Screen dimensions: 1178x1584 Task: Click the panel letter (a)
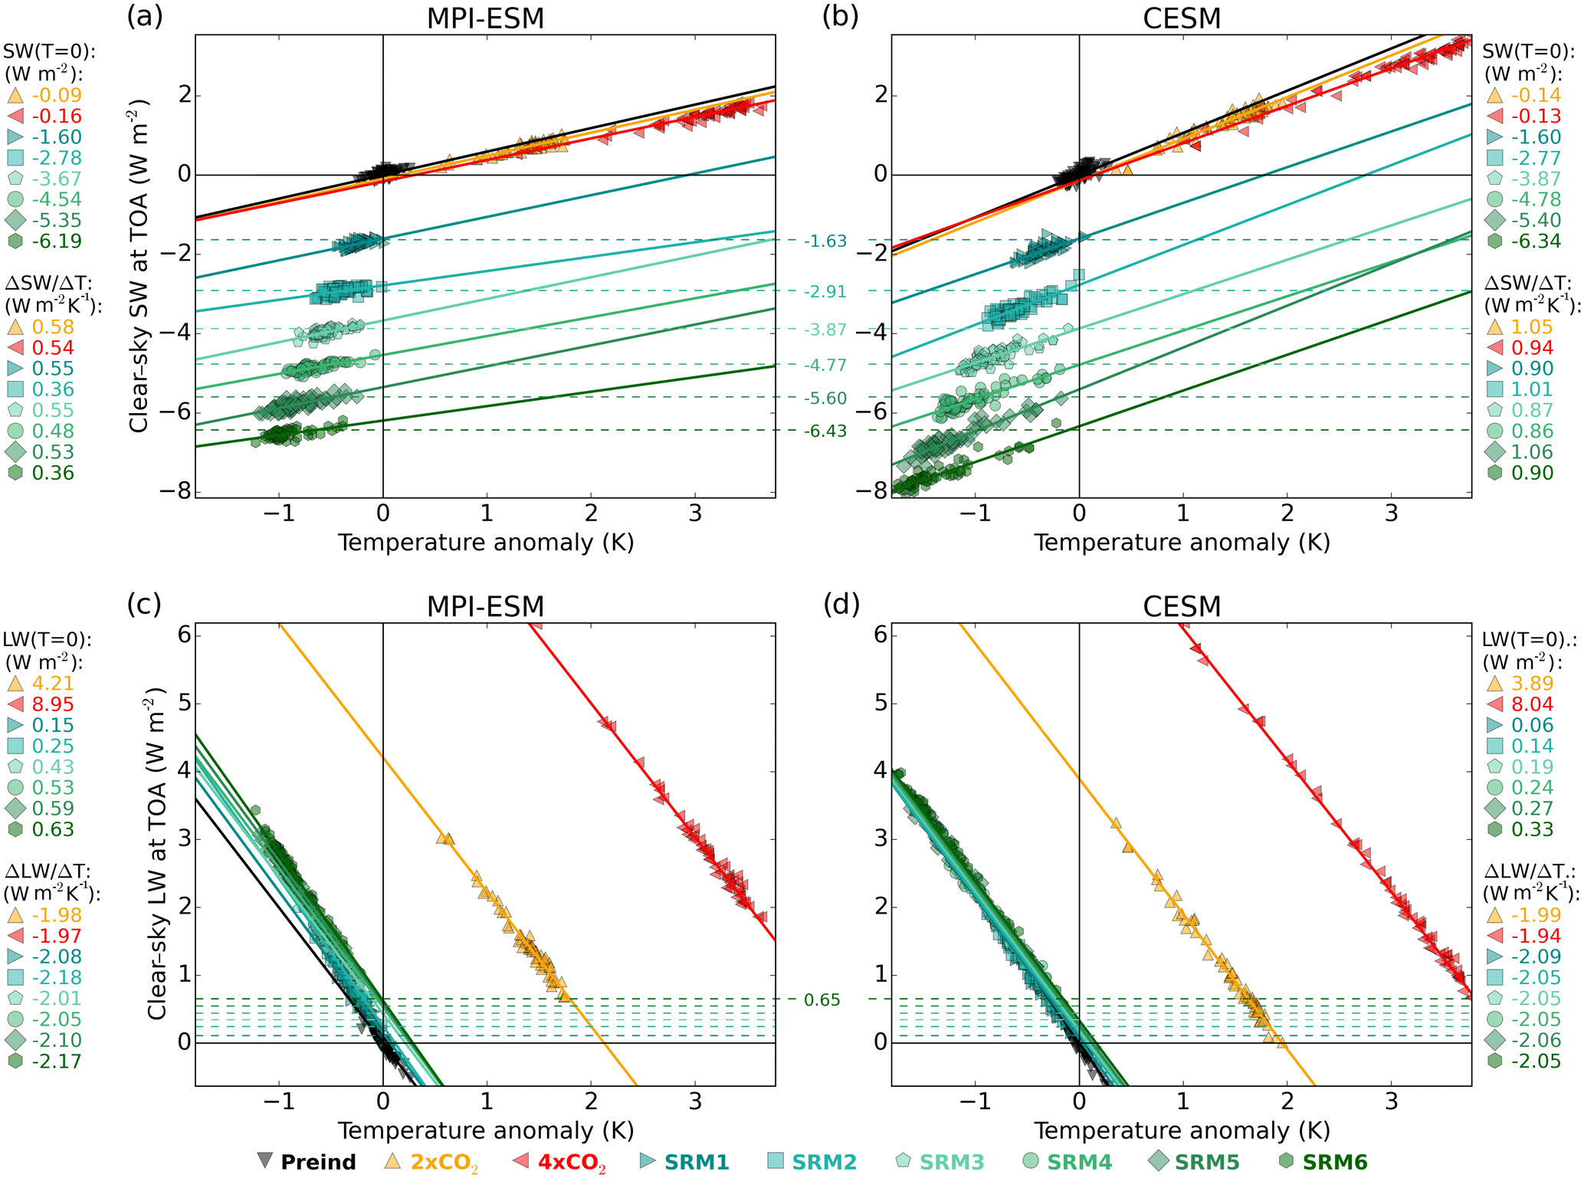(145, 16)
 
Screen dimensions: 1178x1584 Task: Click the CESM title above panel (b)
(1181, 18)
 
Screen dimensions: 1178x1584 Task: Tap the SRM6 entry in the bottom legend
(1334, 1162)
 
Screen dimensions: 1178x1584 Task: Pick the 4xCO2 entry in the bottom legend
(571, 1162)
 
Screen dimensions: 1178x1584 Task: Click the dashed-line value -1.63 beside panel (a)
(825, 241)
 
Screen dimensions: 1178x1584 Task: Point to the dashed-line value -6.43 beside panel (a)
(825, 431)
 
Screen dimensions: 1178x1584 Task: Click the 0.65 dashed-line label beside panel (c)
(822, 999)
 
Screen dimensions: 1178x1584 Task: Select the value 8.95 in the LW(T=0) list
(53, 704)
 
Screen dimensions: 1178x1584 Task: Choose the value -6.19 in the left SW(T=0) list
(57, 241)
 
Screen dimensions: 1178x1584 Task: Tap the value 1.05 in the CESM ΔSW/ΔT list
(1531, 326)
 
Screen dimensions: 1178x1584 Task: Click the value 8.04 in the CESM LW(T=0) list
(1531, 704)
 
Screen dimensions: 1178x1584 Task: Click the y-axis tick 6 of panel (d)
(881, 635)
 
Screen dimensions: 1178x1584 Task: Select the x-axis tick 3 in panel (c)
(695, 1101)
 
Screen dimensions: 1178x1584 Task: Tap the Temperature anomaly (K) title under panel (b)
(1181, 542)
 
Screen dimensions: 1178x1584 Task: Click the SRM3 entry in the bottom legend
(951, 1162)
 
